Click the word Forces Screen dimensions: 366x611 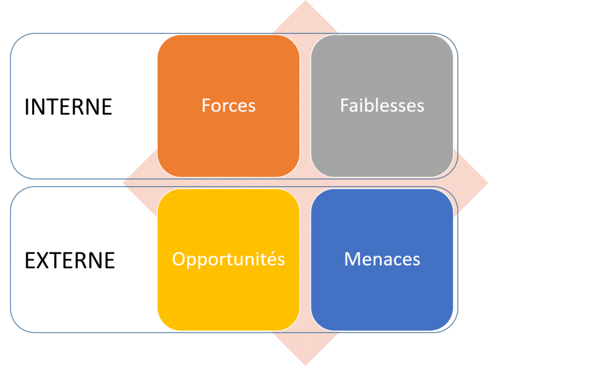[x=229, y=106]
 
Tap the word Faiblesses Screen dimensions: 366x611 [x=382, y=106]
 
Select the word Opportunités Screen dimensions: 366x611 [x=229, y=259]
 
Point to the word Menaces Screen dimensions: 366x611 [x=382, y=259]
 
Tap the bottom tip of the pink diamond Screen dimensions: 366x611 [x=305, y=364]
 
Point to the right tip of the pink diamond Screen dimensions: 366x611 [x=486, y=183]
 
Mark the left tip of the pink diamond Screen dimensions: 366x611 [x=125, y=183]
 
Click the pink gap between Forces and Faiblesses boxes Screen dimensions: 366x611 [x=305, y=106]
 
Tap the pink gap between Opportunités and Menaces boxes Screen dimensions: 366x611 [x=305, y=259]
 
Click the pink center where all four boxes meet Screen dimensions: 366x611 [x=305, y=183]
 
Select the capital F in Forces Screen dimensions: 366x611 [x=206, y=106]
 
